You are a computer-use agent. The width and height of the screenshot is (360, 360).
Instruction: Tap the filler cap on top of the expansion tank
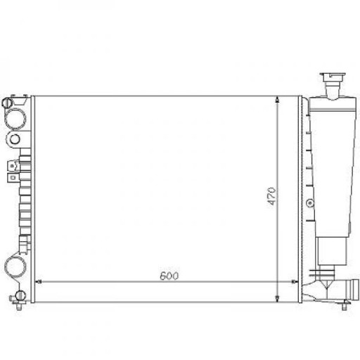click(331, 77)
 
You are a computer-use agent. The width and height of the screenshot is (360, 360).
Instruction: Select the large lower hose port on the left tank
click(15, 266)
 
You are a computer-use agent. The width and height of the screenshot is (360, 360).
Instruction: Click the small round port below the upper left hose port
click(15, 139)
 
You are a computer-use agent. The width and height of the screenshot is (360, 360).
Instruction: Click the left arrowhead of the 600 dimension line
click(38, 281)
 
